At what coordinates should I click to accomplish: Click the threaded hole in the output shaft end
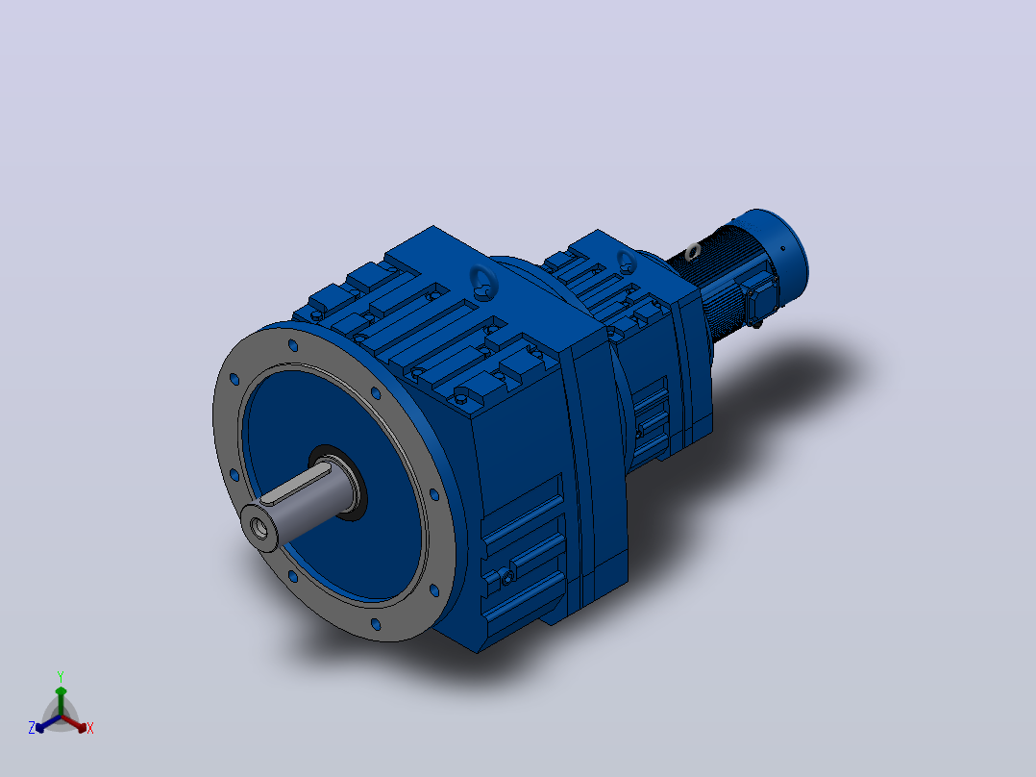(x=259, y=528)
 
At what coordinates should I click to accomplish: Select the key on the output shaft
(x=295, y=484)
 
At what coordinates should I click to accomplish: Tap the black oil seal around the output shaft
(x=338, y=482)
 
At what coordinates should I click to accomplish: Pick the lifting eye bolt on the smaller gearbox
(x=627, y=262)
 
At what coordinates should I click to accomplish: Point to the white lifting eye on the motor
(x=692, y=251)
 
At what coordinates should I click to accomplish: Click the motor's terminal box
(x=760, y=293)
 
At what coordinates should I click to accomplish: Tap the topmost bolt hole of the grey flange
(x=293, y=345)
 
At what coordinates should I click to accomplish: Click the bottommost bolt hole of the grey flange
(x=375, y=624)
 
